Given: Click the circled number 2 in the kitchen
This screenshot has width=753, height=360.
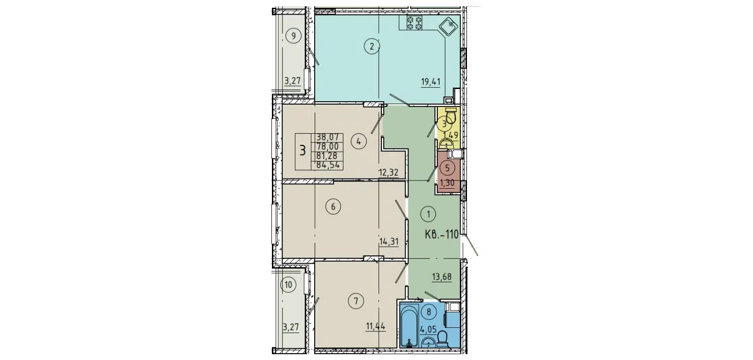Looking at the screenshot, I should click(372, 47).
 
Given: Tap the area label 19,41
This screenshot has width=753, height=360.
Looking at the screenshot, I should click(430, 81).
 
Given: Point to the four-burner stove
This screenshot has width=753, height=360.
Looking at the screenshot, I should click(413, 23).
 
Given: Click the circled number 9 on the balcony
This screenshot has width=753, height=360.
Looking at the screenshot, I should click(294, 35).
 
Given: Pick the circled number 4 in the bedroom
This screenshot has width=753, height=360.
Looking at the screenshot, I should click(359, 142).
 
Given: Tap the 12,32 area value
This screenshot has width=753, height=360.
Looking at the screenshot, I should click(389, 171).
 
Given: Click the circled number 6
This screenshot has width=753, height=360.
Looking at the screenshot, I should click(333, 207).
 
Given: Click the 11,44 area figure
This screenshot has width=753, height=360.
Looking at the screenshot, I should click(376, 326).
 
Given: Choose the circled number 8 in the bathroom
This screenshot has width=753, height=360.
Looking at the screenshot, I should click(429, 312).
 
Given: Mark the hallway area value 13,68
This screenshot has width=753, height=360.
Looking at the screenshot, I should click(442, 277).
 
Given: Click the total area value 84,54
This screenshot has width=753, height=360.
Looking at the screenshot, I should click(329, 164).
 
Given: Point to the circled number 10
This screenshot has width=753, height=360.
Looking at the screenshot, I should click(289, 285).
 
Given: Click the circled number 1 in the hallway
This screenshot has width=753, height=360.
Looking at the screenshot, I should click(429, 213).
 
